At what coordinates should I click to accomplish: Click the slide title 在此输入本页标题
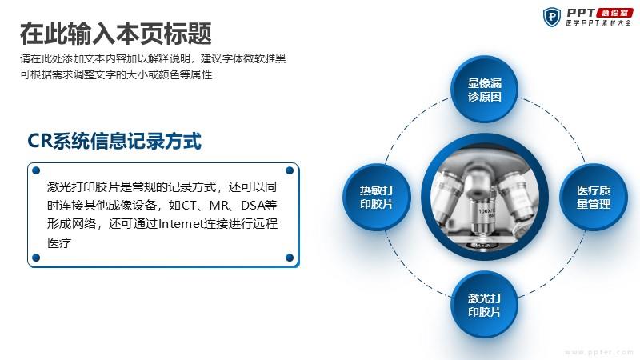pos(115,34)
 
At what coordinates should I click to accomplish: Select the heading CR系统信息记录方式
pos(114,141)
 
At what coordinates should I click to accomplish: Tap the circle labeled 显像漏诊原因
pos(485,90)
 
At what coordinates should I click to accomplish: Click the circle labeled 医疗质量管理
pos(593,197)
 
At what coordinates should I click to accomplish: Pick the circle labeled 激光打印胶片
pos(485,305)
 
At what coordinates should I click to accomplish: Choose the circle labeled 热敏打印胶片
pos(376,197)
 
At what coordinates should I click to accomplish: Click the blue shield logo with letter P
pos(551,17)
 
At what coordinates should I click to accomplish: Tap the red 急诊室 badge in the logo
pos(614,13)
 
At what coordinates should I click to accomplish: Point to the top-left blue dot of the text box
pos(36,170)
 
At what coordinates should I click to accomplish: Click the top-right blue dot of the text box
pos(290,170)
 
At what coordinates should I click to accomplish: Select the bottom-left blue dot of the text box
pos(36,258)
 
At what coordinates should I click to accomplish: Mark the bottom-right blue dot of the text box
pos(290,258)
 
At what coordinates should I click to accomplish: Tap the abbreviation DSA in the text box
pos(252,206)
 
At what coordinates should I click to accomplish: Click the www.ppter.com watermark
pos(598,352)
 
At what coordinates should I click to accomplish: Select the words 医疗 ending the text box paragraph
pos(59,243)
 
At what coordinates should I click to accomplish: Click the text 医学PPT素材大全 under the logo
pos(598,23)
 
